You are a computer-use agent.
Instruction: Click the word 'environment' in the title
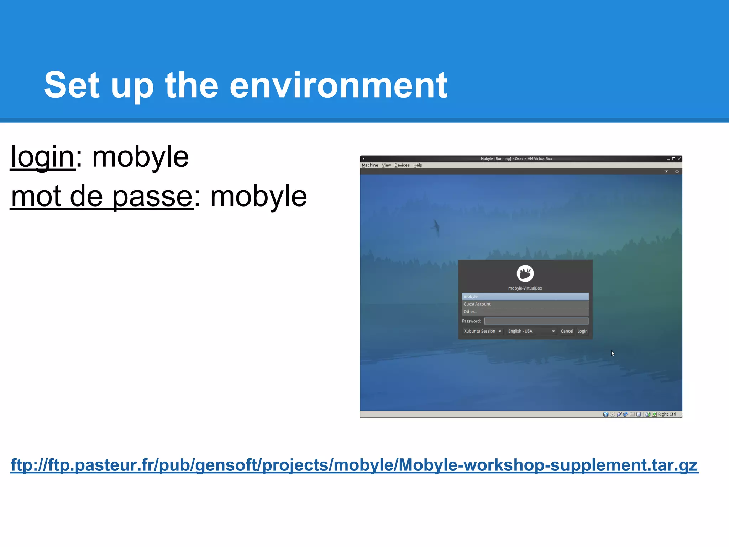[338, 85]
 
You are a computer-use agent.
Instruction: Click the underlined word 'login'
[42, 157]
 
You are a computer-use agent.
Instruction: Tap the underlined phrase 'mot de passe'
[102, 196]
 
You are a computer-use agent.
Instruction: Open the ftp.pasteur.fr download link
[354, 465]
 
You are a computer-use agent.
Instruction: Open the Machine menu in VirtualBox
[370, 165]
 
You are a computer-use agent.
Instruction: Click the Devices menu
[402, 165]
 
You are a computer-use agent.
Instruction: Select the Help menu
[418, 165]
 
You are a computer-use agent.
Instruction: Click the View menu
[386, 165]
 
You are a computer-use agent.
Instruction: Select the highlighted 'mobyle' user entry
[525, 296]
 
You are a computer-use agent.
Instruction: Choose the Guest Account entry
[525, 304]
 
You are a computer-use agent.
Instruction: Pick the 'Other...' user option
[525, 312]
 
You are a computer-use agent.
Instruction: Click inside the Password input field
[536, 321]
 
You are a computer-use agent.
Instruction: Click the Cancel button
[567, 331]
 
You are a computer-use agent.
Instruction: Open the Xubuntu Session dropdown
[482, 331]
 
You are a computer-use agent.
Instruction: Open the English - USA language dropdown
[531, 331]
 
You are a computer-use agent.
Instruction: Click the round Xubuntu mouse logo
[525, 273]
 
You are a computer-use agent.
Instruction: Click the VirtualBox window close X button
[679, 159]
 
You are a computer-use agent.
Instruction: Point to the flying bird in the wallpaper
[436, 227]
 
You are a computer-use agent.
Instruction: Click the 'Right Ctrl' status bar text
[667, 414]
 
